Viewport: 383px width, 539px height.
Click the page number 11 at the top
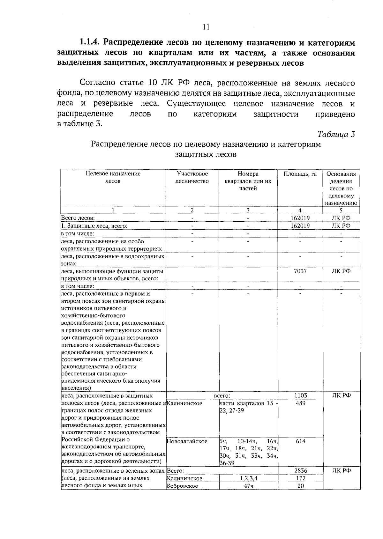coord(206,27)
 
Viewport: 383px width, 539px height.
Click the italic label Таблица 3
coord(336,134)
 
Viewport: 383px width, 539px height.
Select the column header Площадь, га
coord(300,174)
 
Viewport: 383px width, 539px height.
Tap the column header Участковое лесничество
coord(192,178)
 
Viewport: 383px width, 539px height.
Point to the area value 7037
coord(300,271)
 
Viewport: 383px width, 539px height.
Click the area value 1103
coord(300,395)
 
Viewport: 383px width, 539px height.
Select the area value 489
coord(300,403)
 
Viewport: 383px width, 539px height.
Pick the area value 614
coord(300,441)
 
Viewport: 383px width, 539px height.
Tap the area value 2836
coord(300,471)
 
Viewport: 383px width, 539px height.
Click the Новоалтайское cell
coord(187,441)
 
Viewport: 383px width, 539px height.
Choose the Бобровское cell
coord(182,486)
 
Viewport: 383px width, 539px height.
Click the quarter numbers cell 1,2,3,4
coord(248,478)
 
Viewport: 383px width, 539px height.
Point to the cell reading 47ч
coord(248,486)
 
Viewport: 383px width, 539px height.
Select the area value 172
coord(300,478)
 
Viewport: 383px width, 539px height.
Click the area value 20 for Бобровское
coord(300,486)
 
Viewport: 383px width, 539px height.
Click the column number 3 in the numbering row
coord(248,210)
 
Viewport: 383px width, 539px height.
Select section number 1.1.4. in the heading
coord(90,42)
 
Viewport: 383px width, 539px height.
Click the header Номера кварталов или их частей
coord(248,181)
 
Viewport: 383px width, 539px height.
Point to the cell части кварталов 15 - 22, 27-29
coord(248,407)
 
